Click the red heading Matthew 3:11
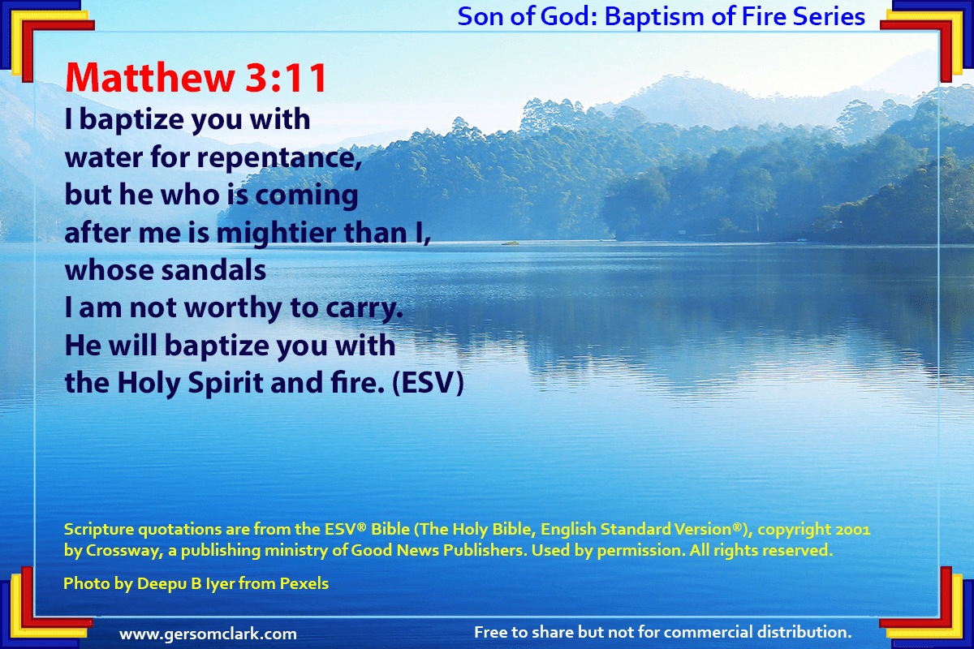(196, 77)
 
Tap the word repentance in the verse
(279, 158)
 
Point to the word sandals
(213, 270)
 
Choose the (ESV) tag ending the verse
(428, 383)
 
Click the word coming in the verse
(307, 196)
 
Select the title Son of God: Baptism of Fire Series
(661, 16)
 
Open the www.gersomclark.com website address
(208, 634)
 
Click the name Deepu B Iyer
(186, 583)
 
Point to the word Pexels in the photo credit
(304, 583)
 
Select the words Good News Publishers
(437, 550)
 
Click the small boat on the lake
(510, 243)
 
